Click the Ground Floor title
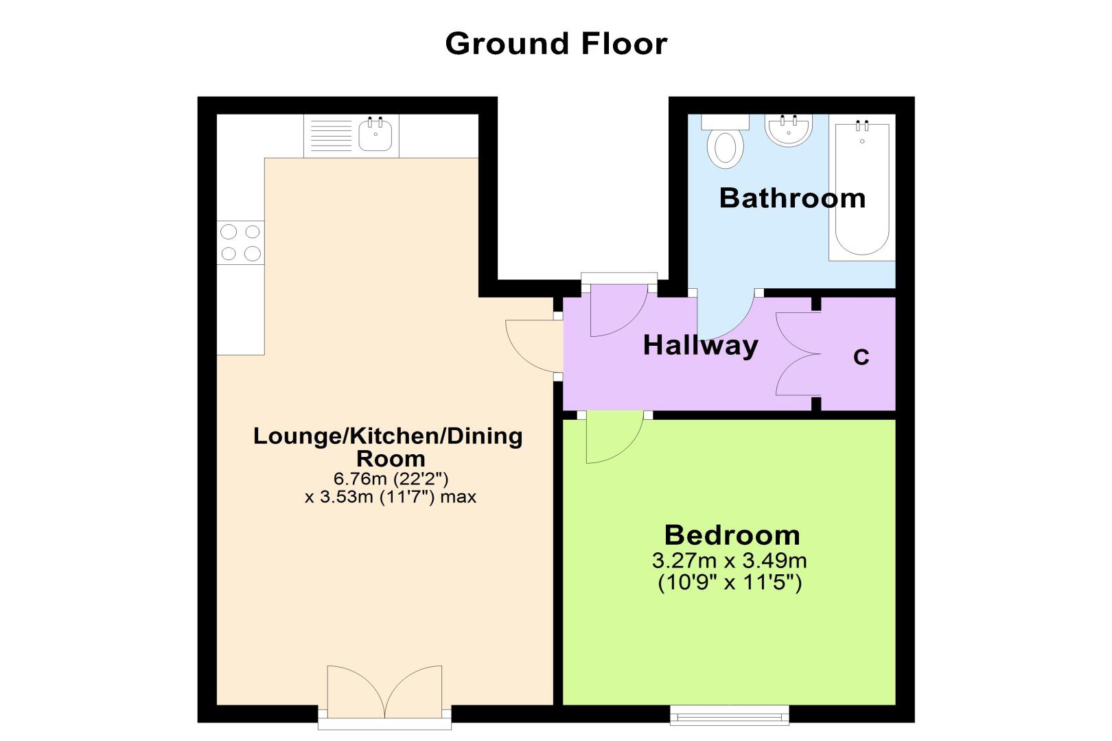click(x=556, y=44)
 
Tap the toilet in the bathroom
click(x=726, y=142)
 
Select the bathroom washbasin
click(x=788, y=130)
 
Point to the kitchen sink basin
click(x=375, y=134)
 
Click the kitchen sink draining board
click(x=331, y=135)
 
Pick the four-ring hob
click(x=241, y=243)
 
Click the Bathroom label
click(x=792, y=198)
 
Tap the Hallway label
click(x=700, y=345)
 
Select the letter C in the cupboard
click(x=861, y=357)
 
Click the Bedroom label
click(x=732, y=535)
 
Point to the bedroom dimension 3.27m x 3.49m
click(x=729, y=561)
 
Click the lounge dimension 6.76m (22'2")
click(x=391, y=478)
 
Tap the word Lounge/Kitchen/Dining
click(x=388, y=436)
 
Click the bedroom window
click(x=729, y=715)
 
